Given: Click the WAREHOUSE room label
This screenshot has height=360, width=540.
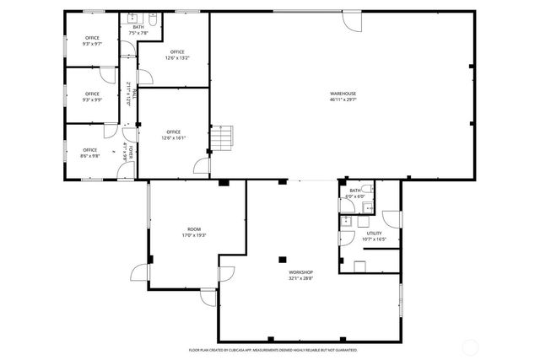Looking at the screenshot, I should pyautogui.click(x=343, y=96).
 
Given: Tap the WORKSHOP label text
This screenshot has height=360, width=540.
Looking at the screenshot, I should pyautogui.click(x=301, y=275).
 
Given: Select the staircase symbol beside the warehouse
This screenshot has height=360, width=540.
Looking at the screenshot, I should pyautogui.click(x=221, y=137).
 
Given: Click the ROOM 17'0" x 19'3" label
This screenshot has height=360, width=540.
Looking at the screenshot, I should pyautogui.click(x=195, y=232).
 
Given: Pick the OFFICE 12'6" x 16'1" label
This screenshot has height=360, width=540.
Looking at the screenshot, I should pyautogui.click(x=173, y=135).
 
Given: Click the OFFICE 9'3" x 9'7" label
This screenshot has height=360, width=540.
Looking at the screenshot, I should pyautogui.click(x=92, y=40).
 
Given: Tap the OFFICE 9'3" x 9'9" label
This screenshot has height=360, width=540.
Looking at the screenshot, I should pyautogui.click(x=92, y=97).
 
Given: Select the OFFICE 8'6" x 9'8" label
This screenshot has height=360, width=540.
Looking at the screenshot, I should pyautogui.click(x=89, y=153).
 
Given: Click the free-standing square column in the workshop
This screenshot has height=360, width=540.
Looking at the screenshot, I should pyautogui.click(x=284, y=260).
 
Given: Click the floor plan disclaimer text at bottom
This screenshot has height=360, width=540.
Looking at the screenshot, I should pyautogui.click(x=273, y=349).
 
